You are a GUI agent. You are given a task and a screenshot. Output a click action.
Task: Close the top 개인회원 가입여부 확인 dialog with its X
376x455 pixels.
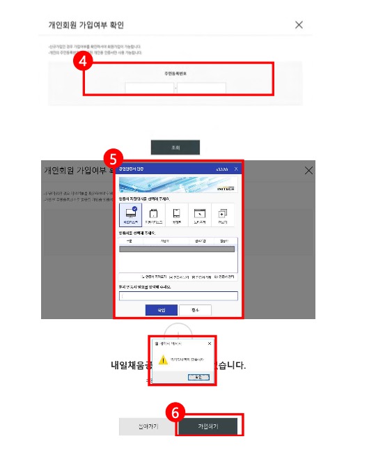coord(299,25)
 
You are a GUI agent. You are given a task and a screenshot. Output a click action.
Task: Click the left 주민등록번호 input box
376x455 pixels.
coord(150,88)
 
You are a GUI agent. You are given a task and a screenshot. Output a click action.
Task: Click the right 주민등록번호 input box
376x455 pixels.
coord(202,88)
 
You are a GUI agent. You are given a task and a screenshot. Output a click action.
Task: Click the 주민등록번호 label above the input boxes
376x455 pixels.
coord(175,72)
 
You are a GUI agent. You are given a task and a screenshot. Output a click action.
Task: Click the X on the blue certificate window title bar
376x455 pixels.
coord(236,169)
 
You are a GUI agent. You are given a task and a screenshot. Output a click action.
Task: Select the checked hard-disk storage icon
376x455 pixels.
coord(130,215)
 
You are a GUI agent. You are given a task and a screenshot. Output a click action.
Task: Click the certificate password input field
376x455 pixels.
coord(179,295)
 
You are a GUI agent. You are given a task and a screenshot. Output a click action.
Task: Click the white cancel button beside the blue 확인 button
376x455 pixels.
coord(195,310)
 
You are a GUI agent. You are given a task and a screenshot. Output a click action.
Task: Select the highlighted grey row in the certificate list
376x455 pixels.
coord(178,248)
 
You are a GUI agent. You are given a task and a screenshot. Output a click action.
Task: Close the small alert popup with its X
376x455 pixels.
coord(210,344)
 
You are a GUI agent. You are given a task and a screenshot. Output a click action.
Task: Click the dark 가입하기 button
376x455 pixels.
coord(207,426)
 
